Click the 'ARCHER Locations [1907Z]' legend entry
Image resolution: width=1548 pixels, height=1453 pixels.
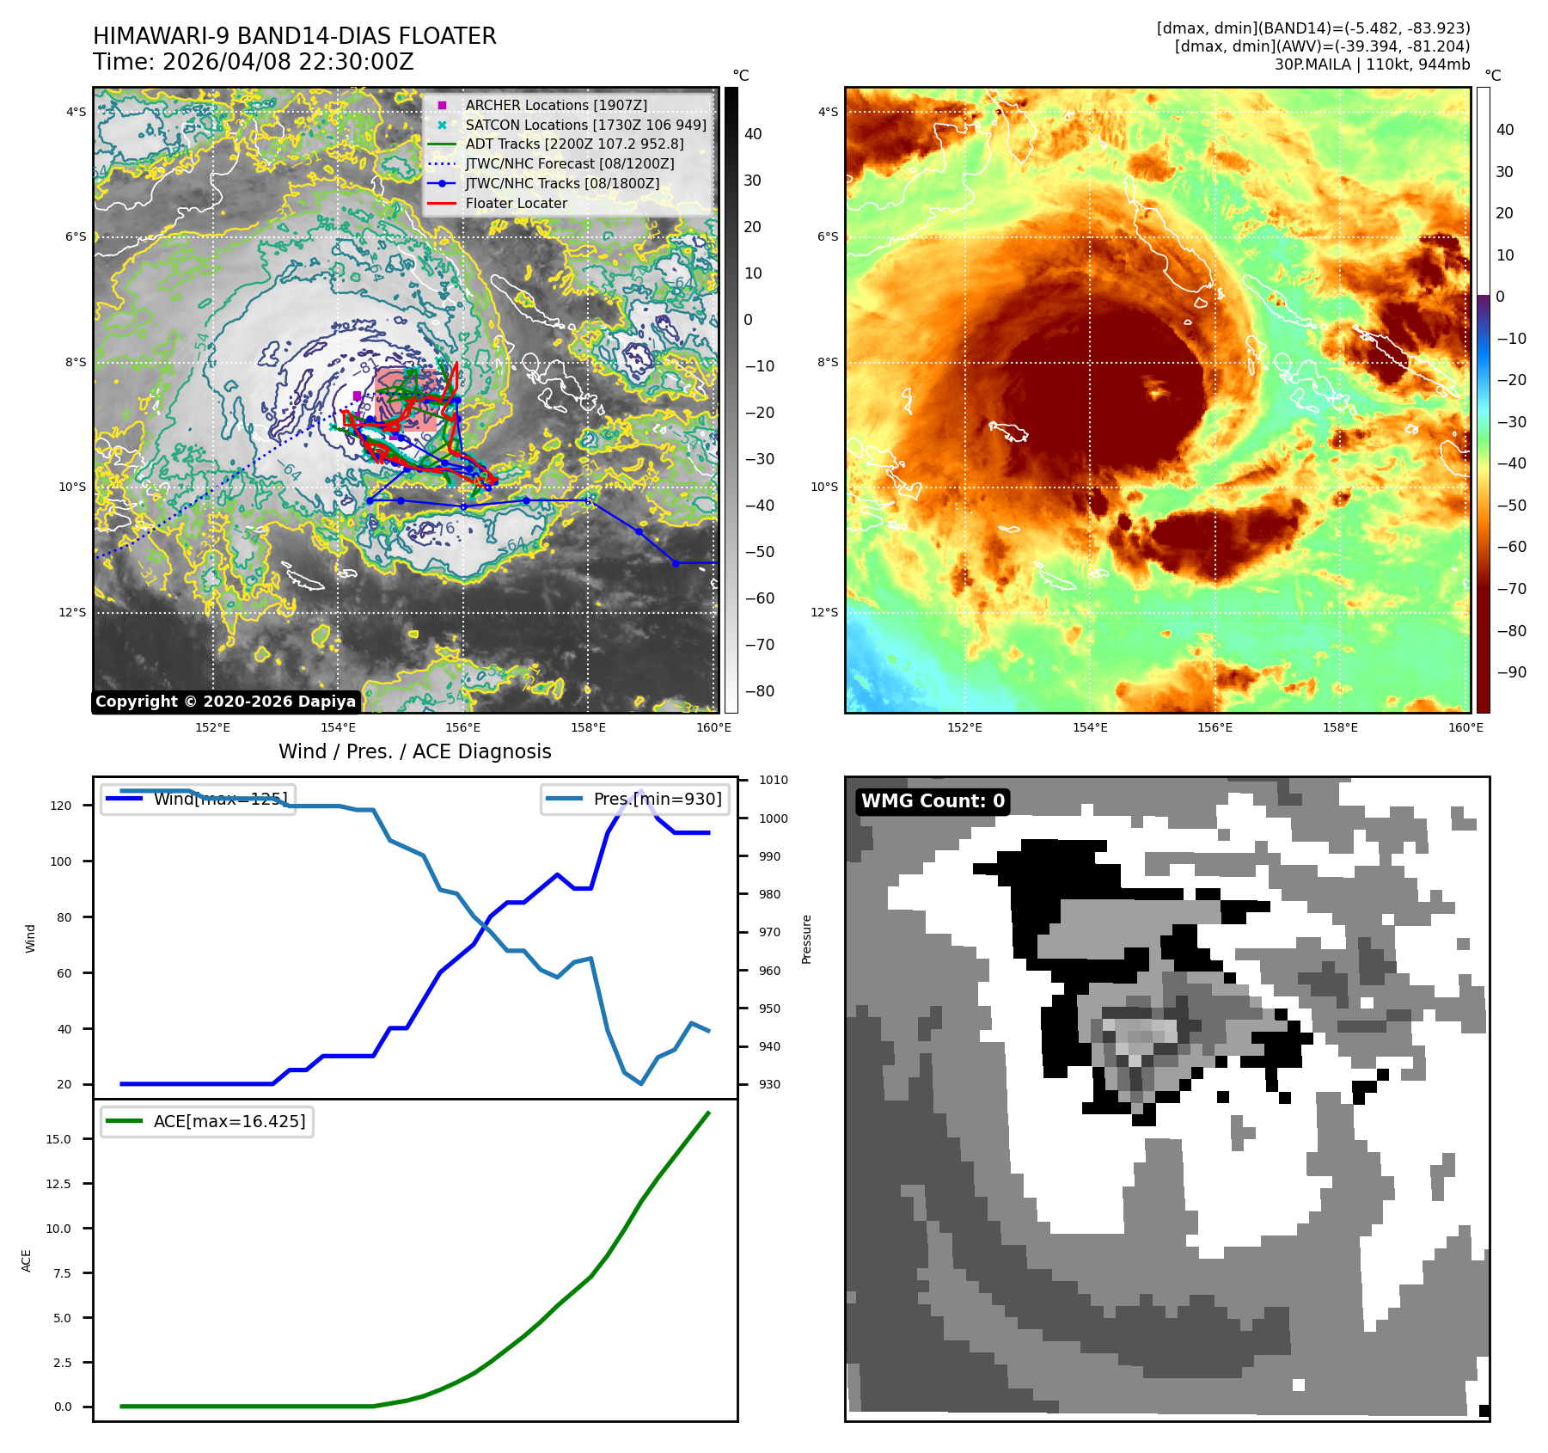coord(556,105)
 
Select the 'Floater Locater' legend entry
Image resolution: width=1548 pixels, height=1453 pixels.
coord(516,204)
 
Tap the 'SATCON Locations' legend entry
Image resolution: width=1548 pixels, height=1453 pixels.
coord(585,125)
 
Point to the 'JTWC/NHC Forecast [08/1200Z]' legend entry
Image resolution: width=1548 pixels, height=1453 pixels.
coord(569,163)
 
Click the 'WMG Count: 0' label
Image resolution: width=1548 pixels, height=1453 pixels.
coord(933,801)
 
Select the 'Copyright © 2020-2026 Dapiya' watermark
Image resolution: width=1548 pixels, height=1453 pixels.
coord(225,702)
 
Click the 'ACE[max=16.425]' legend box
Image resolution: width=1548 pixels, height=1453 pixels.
coord(207,1121)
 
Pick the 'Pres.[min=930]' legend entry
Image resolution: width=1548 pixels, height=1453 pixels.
coord(636,799)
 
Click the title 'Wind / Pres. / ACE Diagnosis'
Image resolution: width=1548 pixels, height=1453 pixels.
coord(415,751)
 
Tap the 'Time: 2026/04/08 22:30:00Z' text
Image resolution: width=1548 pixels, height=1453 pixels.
coord(254,62)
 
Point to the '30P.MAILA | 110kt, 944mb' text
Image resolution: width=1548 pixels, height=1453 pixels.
coord(1372,64)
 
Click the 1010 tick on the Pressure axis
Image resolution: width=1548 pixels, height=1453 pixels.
coord(774,781)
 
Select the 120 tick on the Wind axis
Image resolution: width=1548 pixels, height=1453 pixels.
coord(62,806)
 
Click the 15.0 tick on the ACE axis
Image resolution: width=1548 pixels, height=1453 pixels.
coord(58,1139)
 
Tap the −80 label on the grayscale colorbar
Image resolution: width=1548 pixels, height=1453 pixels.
coord(759,691)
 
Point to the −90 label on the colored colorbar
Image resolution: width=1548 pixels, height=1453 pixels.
coord(1511,672)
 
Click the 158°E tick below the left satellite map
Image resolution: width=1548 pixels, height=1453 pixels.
coord(589,728)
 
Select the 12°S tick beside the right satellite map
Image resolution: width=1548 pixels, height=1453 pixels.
coord(824,612)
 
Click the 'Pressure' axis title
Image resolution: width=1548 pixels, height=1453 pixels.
coord(807,939)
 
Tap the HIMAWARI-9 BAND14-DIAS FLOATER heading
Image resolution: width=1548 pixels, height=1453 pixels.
coord(295,36)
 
